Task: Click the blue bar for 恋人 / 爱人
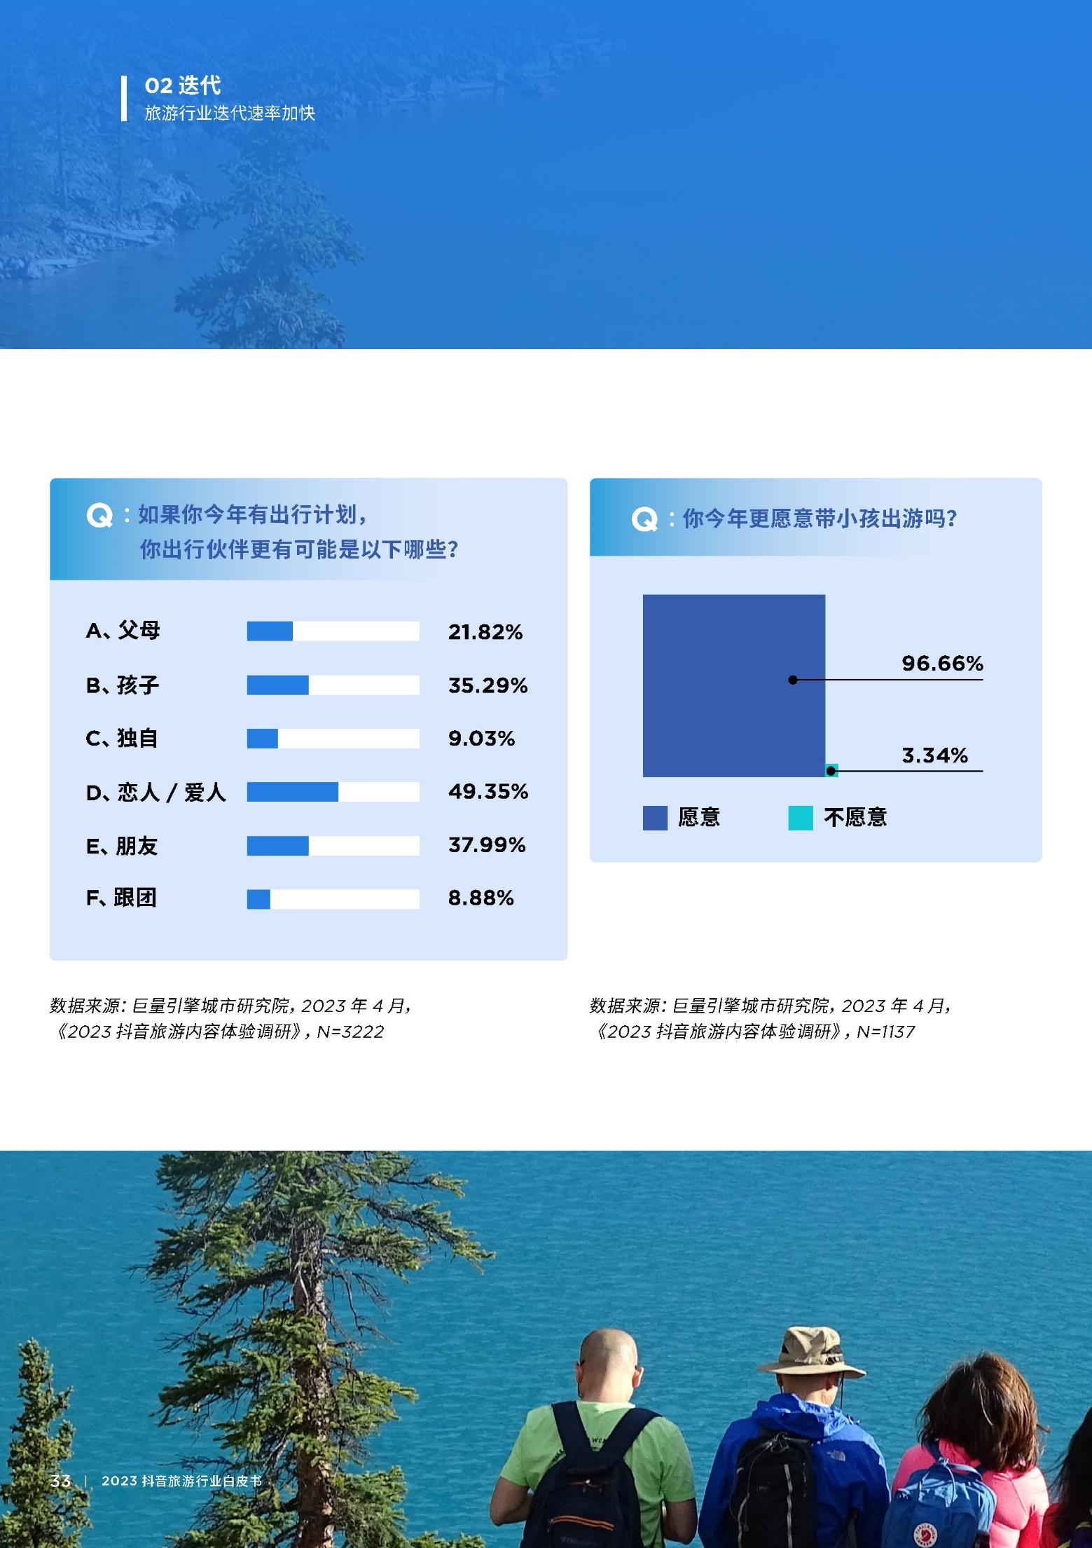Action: click(293, 792)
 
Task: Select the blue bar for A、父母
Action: click(270, 631)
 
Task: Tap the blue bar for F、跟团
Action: click(258, 899)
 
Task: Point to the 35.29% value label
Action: click(488, 685)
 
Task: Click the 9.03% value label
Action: click(481, 739)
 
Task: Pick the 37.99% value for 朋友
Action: click(487, 845)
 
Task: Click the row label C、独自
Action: click(122, 739)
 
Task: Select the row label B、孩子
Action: click(123, 685)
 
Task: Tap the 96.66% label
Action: click(942, 663)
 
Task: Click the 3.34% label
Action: click(934, 755)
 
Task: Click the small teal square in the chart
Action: click(831, 770)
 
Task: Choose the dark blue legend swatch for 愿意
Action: click(655, 818)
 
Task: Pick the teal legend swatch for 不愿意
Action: click(801, 818)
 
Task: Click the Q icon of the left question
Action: click(99, 516)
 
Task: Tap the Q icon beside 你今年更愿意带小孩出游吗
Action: click(644, 520)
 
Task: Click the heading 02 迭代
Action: click(183, 85)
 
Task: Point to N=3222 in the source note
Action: click(350, 1032)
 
